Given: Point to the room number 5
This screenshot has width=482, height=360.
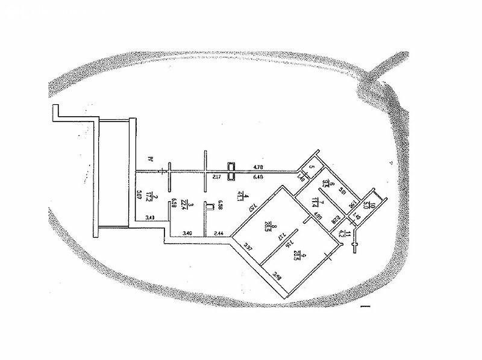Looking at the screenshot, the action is pos(311,169).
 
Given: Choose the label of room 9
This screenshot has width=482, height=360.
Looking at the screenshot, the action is pos(295,255).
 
